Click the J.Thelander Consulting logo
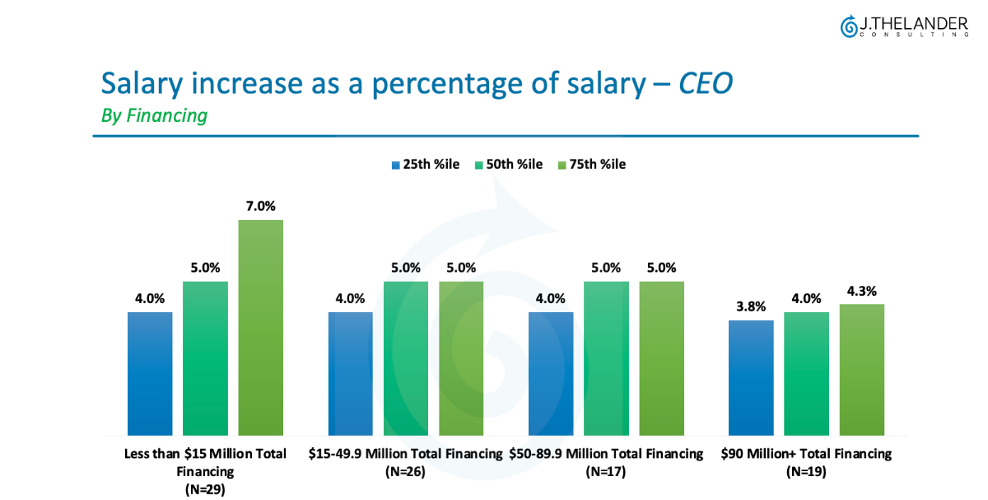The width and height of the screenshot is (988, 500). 903,26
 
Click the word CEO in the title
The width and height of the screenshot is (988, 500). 705,84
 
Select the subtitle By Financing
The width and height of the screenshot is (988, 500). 154,116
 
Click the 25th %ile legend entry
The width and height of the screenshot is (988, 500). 425,165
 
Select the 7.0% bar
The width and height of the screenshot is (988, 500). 260,327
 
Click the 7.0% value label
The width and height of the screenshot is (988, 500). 260,206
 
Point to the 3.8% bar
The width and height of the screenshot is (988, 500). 751,377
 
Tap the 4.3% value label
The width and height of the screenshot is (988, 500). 861,291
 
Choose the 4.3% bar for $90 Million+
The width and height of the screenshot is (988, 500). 861,369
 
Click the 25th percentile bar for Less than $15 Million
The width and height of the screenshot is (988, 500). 150,373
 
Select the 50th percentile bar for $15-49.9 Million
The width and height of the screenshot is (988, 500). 405,357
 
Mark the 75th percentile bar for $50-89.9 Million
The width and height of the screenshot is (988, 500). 661,357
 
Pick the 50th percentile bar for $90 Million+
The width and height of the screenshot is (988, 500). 806,373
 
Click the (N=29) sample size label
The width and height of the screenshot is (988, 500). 205,488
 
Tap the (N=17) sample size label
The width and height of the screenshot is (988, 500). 606,472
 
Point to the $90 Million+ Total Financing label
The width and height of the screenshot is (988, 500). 806,454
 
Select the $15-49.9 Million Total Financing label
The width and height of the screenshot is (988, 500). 405,454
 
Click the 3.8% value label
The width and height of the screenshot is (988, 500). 751,306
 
